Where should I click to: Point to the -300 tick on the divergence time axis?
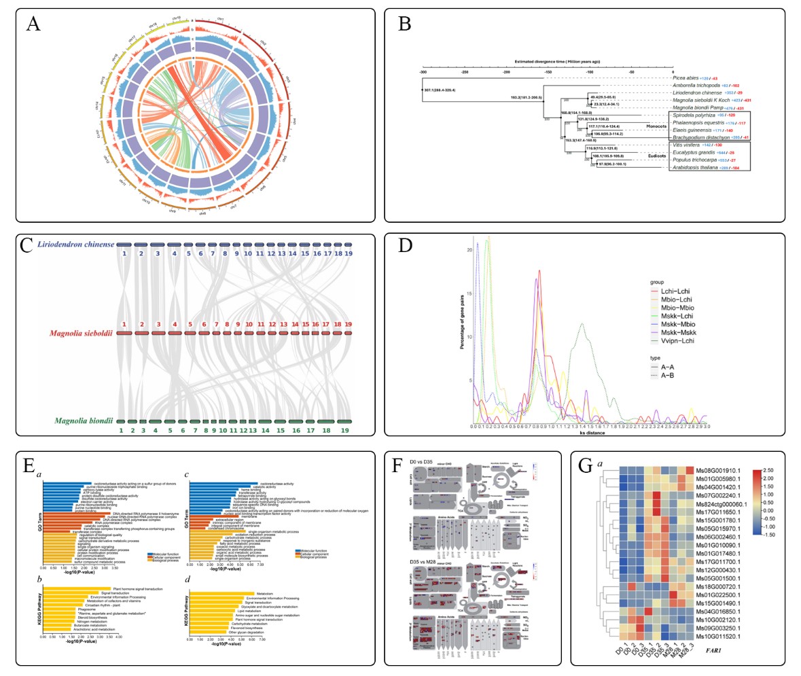click(x=423, y=71)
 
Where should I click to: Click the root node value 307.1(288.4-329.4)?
click(x=444, y=90)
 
